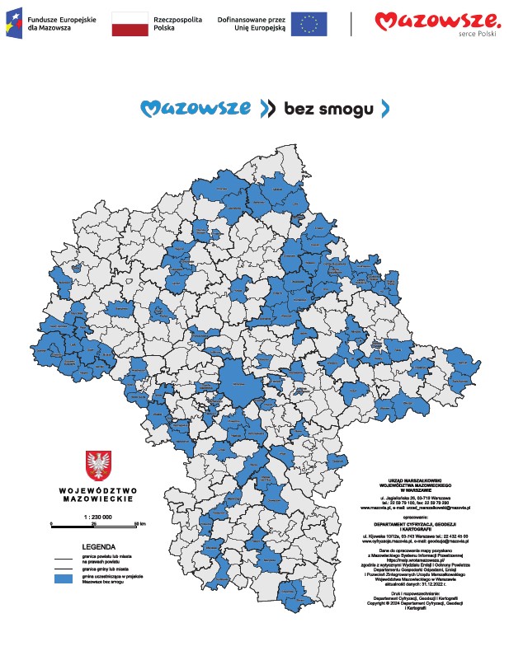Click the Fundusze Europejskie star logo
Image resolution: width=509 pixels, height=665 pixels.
tap(15, 24)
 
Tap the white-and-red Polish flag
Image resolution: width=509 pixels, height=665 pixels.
tap(130, 24)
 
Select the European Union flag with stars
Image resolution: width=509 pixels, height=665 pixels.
tap(309, 24)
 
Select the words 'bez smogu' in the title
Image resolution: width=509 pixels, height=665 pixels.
tap(323, 109)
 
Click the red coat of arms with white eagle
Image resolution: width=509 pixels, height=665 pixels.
tap(98, 465)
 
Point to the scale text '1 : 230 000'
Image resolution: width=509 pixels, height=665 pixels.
tap(97, 517)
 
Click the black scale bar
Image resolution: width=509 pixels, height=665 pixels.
tap(97, 524)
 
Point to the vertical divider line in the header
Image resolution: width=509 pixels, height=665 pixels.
tap(351, 24)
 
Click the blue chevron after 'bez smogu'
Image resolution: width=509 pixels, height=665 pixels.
tap(384, 108)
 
